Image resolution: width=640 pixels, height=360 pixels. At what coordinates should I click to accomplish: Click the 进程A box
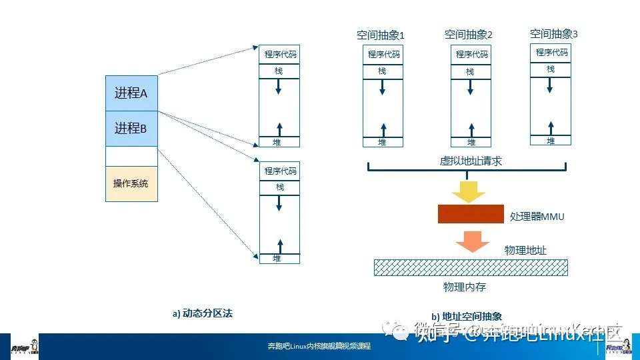pyautogui.click(x=131, y=93)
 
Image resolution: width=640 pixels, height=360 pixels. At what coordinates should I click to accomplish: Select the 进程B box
pyautogui.click(x=131, y=129)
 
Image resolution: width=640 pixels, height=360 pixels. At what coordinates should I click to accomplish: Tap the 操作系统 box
pyautogui.click(x=131, y=184)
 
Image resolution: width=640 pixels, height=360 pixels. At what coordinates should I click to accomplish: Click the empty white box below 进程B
pyautogui.click(x=131, y=156)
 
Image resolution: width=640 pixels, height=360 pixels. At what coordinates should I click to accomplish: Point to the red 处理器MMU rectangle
pyautogui.click(x=471, y=214)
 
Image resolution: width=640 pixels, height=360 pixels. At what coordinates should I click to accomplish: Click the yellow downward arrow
pyautogui.click(x=469, y=191)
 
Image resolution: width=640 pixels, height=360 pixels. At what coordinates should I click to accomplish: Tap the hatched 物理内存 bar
pyautogui.click(x=471, y=267)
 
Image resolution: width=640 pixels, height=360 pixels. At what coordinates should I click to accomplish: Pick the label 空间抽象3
pyautogui.click(x=553, y=33)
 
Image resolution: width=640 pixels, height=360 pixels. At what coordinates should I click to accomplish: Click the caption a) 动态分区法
pyautogui.click(x=202, y=312)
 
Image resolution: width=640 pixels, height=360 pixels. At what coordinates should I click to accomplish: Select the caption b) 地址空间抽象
pyautogui.click(x=467, y=317)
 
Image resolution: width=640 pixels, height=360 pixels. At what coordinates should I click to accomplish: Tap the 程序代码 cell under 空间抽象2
pyautogui.click(x=471, y=55)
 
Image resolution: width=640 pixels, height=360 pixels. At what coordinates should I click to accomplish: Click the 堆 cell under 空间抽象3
pyautogui.click(x=551, y=141)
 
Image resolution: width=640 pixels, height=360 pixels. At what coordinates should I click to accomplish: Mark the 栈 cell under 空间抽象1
pyautogui.click(x=382, y=71)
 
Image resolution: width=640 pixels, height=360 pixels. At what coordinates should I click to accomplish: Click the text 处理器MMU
pyautogui.click(x=537, y=217)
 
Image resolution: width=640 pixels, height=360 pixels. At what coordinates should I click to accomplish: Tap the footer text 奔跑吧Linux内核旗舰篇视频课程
pyautogui.click(x=319, y=347)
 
